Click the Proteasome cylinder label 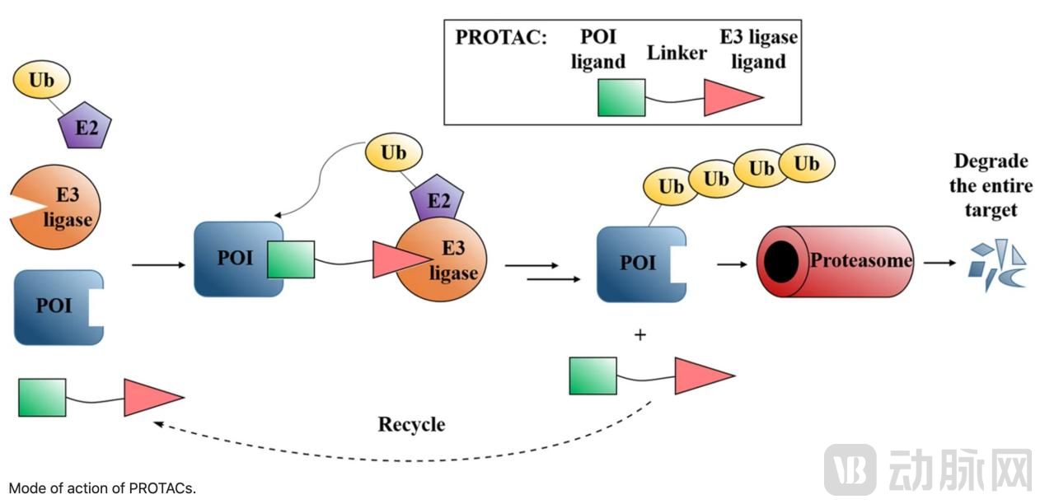coord(861,260)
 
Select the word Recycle coord(411,424)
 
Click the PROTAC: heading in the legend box coord(500,38)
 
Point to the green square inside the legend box coord(621,98)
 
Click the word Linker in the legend coord(677,54)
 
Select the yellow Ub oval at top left coord(41,80)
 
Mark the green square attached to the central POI coord(290,259)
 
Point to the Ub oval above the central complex coord(393,153)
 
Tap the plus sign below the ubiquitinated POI coord(640,335)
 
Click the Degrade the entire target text coord(991,185)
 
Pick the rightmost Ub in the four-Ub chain coord(806,164)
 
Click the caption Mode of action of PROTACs coord(103,488)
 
